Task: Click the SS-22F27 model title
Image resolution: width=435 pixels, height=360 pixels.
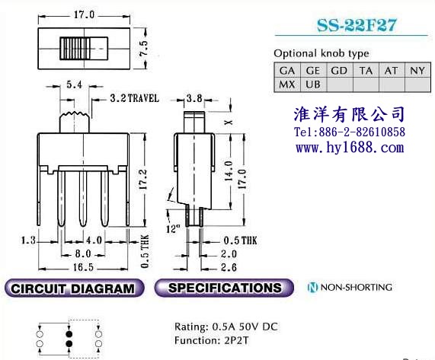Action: (x=357, y=25)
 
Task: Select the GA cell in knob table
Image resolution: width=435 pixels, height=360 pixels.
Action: (x=287, y=70)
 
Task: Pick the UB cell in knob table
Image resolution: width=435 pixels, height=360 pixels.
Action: (x=313, y=84)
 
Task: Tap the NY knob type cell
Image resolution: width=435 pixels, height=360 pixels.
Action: (x=417, y=70)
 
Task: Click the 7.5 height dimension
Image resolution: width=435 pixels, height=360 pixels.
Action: (x=144, y=49)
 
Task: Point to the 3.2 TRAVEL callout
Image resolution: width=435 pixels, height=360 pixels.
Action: (x=135, y=98)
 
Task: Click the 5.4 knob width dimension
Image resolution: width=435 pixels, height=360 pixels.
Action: (x=75, y=84)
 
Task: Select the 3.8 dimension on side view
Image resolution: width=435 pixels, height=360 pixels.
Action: (x=194, y=98)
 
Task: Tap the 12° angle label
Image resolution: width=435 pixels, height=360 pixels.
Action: (x=173, y=228)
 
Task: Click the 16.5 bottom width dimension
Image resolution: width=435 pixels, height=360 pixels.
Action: (x=83, y=267)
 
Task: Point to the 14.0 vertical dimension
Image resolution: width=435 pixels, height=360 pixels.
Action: (x=229, y=171)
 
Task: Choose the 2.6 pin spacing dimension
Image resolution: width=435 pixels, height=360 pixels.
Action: (x=229, y=267)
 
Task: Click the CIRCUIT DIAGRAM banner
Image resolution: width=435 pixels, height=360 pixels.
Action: (x=74, y=288)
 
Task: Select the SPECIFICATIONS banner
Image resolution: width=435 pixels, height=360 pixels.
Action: (x=224, y=288)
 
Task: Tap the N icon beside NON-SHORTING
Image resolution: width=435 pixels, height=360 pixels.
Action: (x=312, y=287)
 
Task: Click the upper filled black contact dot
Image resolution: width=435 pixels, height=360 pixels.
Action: (x=69, y=334)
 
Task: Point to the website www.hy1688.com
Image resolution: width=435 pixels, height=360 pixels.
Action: (x=350, y=147)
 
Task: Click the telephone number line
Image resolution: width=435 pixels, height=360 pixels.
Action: (x=350, y=132)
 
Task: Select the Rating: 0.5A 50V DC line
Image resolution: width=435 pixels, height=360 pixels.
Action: (x=225, y=327)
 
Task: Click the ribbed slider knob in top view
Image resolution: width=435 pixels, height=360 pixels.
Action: (x=75, y=49)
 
